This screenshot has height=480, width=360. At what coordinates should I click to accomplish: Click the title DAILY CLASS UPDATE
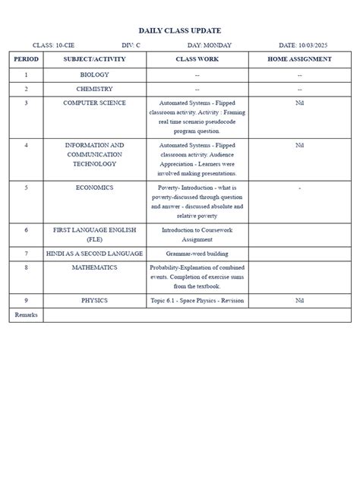(x=180, y=30)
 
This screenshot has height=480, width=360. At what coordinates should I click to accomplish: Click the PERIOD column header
(x=26, y=59)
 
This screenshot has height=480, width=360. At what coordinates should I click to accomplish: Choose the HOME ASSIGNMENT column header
(x=300, y=59)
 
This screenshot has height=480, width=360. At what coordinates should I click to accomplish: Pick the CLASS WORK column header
(x=197, y=59)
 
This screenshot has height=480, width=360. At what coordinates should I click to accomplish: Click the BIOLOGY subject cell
(x=94, y=75)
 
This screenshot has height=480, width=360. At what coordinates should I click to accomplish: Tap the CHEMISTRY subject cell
(x=94, y=89)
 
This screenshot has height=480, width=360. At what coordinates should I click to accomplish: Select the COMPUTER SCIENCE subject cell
(x=94, y=103)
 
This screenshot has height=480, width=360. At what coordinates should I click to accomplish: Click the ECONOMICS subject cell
(x=94, y=187)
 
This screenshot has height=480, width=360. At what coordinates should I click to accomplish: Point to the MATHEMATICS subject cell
(x=94, y=267)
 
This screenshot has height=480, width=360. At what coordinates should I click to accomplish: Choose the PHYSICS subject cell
(x=94, y=301)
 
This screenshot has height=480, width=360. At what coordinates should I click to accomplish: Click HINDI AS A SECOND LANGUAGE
(x=94, y=254)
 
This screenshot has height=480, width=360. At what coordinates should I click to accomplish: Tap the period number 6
(x=26, y=229)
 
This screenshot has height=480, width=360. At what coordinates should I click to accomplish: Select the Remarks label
(x=26, y=314)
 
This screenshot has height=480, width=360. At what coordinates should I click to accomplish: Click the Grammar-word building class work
(x=197, y=254)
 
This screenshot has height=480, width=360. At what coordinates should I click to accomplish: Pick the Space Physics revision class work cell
(x=197, y=301)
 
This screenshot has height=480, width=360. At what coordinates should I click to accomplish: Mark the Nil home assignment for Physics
(x=300, y=301)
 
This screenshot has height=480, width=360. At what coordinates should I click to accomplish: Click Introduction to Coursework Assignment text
(x=197, y=234)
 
